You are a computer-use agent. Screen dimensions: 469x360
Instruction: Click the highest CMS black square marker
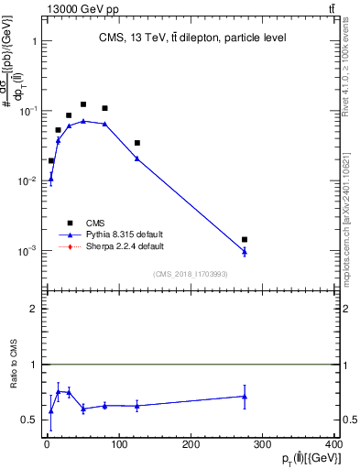(x=83, y=104)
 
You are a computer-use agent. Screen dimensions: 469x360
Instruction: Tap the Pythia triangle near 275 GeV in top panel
(x=245, y=252)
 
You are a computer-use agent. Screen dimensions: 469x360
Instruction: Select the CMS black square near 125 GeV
(x=137, y=143)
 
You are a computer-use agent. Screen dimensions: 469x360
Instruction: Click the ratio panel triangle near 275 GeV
(x=245, y=397)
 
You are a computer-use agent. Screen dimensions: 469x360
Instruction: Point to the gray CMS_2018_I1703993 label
(x=191, y=274)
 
